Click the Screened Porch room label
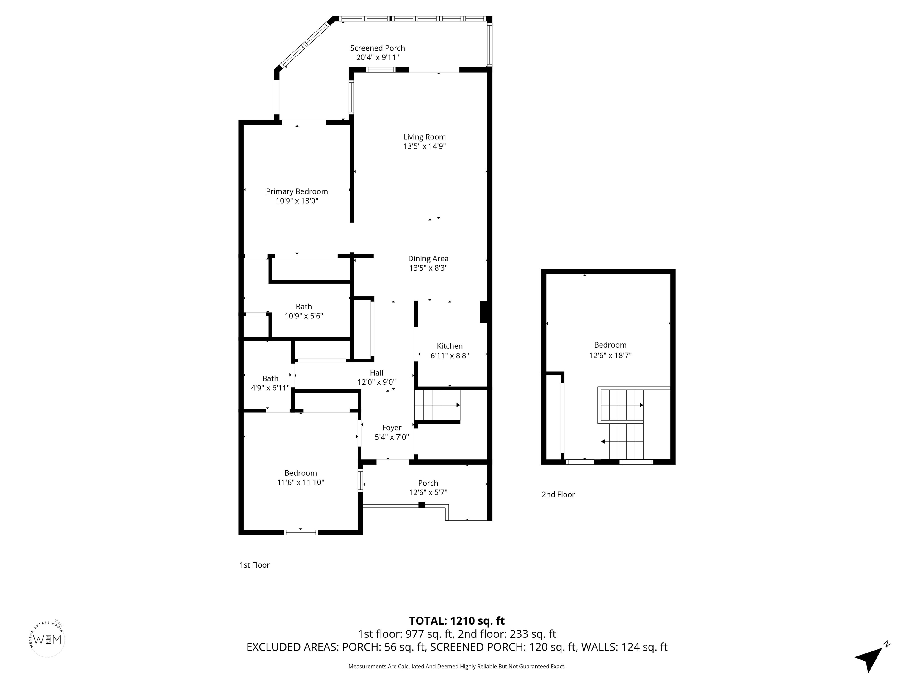377,48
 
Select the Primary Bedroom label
297,191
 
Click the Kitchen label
450,346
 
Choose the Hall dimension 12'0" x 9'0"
376,382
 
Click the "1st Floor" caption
254,565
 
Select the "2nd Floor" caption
558,494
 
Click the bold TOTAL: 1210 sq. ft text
457,620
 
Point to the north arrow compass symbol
871,656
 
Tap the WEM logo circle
48,639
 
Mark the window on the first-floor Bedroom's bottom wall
301,532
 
